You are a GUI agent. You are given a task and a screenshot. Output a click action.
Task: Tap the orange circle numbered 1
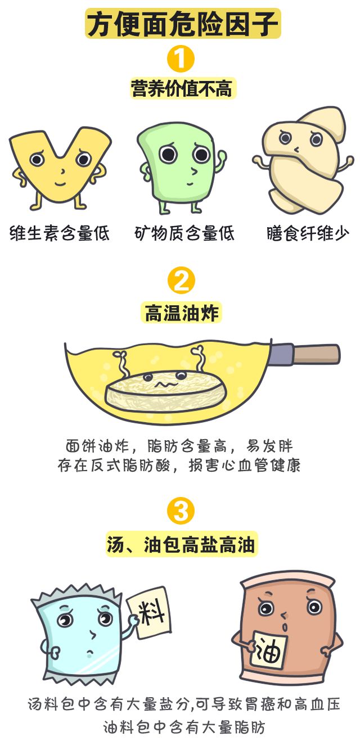tap(181, 59)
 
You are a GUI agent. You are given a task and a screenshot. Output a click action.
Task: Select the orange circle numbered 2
tap(181, 281)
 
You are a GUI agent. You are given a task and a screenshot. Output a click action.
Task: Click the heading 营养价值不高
tap(182, 88)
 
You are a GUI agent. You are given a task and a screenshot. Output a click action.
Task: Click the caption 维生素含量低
tap(60, 233)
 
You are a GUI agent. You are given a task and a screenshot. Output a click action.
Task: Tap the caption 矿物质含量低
tap(184, 233)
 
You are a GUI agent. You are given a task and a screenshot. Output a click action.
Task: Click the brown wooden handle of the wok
tap(316, 354)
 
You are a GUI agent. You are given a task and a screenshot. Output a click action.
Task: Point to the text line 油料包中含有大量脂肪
tap(184, 728)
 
